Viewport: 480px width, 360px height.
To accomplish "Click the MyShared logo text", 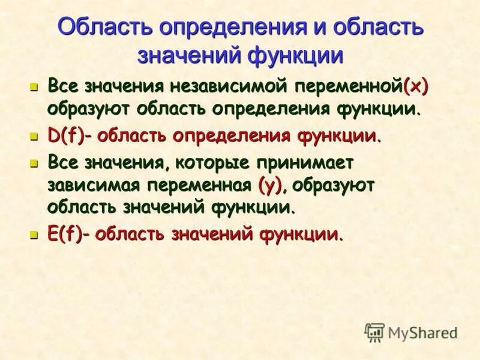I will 423,332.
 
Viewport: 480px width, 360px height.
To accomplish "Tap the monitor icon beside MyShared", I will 374,332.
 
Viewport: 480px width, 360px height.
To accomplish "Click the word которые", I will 201,163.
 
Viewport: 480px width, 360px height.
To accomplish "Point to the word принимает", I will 306,163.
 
